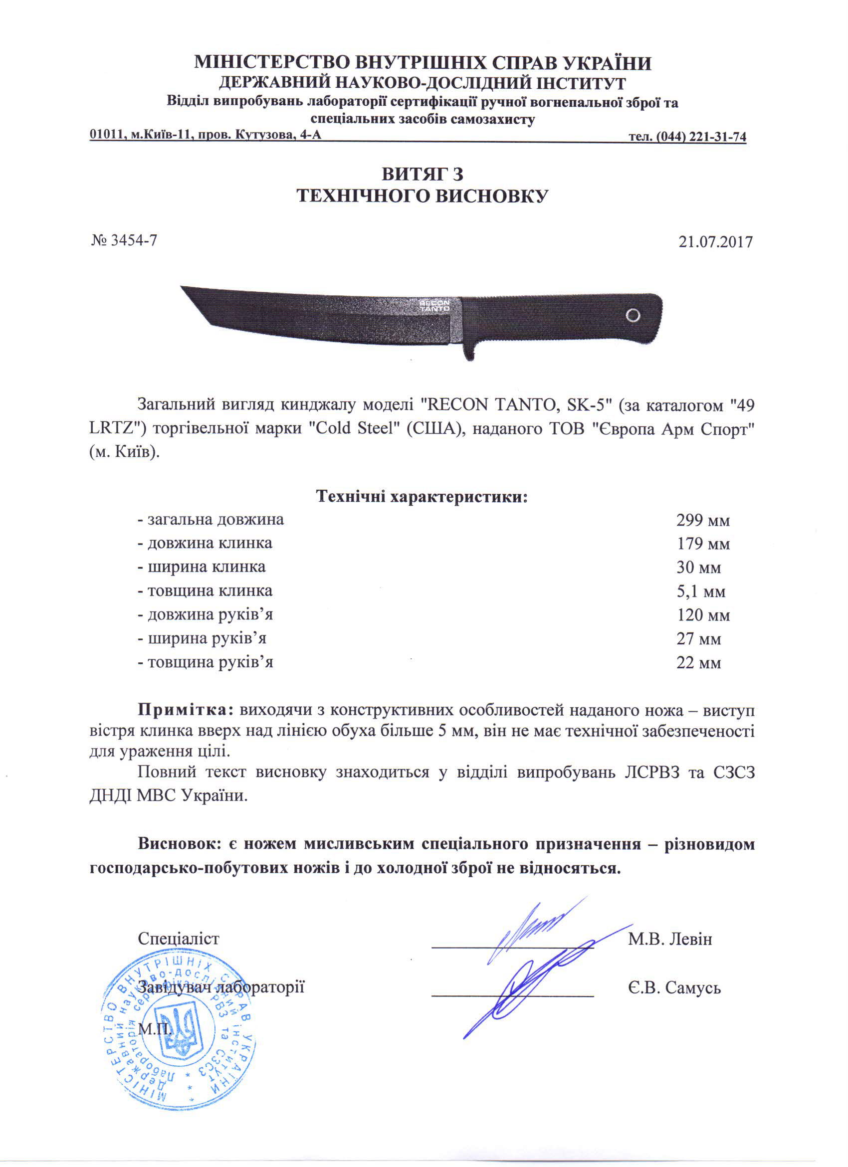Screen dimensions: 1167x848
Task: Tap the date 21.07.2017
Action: (715, 242)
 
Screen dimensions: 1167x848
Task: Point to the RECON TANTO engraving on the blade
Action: (434, 305)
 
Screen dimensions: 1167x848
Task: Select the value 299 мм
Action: (703, 520)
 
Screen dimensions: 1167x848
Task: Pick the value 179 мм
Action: (703, 544)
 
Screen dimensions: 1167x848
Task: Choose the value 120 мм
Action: (703, 615)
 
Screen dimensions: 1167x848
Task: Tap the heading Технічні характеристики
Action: (422, 497)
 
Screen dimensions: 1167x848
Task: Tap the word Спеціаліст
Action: (179, 939)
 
